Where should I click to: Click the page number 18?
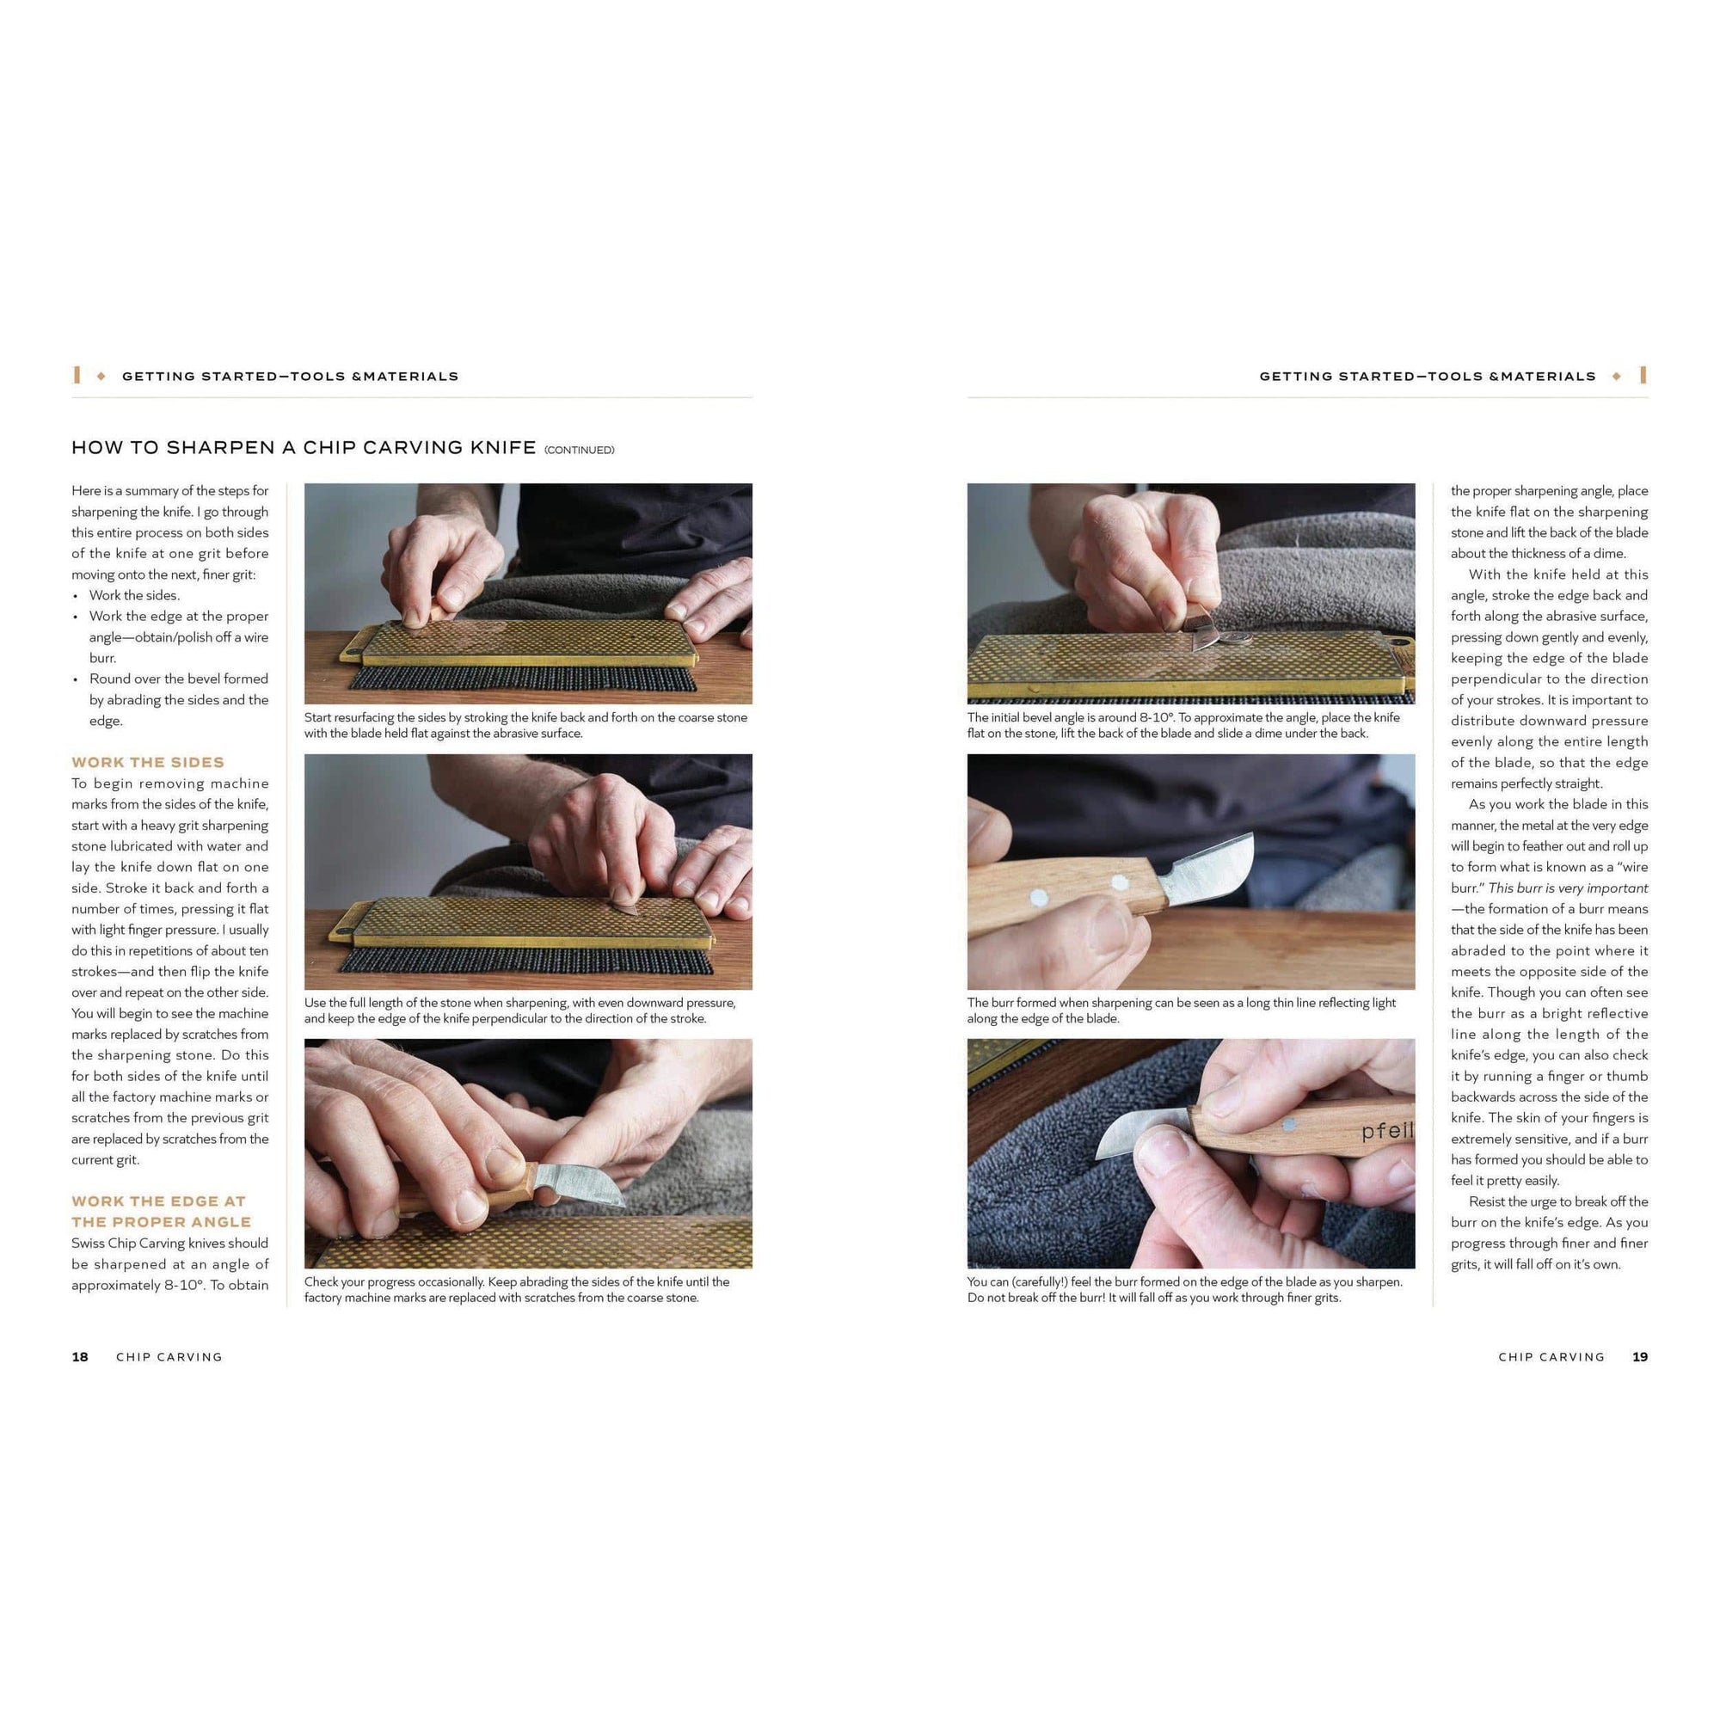point(80,1357)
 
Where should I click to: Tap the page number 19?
point(1640,1357)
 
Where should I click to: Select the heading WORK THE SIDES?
point(148,762)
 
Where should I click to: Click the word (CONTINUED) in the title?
point(580,451)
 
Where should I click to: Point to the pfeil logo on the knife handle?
point(1387,1132)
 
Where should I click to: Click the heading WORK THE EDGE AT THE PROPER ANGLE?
point(161,1212)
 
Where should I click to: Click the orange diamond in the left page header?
point(101,377)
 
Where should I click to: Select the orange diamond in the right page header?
point(1616,377)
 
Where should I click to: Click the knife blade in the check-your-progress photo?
point(579,1183)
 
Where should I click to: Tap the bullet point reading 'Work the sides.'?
point(133,596)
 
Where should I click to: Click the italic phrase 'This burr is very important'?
point(1568,888)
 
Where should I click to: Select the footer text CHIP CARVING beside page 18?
point(169,1357)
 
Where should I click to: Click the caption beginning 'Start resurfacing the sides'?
point(526,726)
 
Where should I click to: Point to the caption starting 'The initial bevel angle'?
point(1183,726)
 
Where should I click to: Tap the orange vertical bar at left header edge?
point(77,376)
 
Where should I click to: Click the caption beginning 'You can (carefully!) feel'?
point(1185,1290)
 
